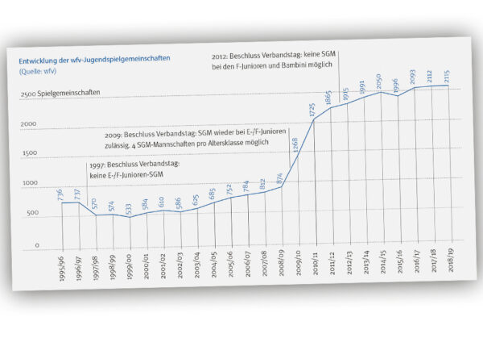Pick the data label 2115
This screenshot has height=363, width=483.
[x=448, y=77]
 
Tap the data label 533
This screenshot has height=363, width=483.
[x=129, y=209]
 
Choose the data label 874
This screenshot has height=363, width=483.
[x=280, y=179]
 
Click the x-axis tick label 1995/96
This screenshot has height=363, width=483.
[x=63, y=262]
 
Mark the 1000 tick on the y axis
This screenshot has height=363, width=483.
[x=29, y=183]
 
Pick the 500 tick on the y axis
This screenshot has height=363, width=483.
[x=31, y=213]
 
